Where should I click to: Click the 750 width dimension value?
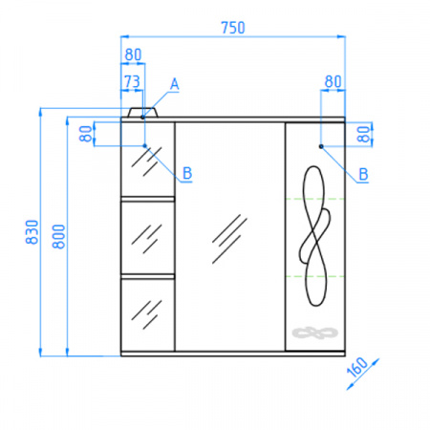click(233, 28)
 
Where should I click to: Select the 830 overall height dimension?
click(32, 232)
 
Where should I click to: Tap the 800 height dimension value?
click(58, 236)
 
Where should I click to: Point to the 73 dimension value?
click(132, 81)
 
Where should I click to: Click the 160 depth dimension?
click(357, 367)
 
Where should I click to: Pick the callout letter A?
click(174, 84)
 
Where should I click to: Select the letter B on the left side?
click(187, 173)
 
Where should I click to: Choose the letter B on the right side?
click(363, 174)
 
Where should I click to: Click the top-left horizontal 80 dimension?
click(133, 54)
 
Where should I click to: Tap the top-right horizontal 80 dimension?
click(333, 81)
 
